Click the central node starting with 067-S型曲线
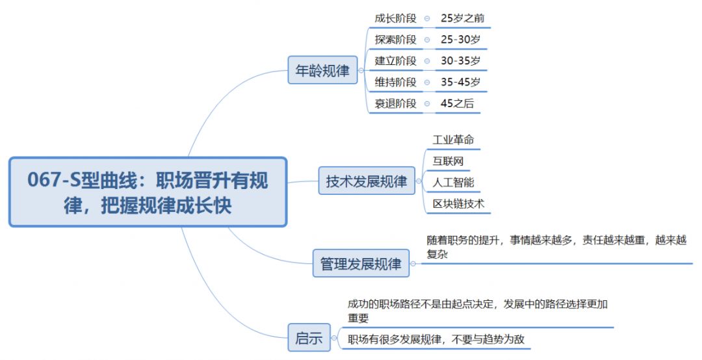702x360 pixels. click(x=148, y=192)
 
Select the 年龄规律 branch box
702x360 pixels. click(x=322, y=71)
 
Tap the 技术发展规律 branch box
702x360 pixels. click(x=367, y=181)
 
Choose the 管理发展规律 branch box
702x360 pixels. click(x=361, y=263)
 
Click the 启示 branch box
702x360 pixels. click(x=309, y=338)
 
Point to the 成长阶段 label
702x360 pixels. click(x=395, y=18)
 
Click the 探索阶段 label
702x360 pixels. click(x=395, y=40)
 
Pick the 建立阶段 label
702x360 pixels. click(x=395, y=61)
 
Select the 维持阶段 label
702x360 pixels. click(x=395, y=82)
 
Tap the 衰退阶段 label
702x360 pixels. click(x=395, y=103)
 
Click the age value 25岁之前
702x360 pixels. click(x=462, y=18)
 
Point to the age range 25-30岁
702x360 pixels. click(x=460, y=40)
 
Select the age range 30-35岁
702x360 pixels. click(x=460, y=61)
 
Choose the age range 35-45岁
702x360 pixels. click(x=460, y=82)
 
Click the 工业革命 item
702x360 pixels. click(x=453, y=140)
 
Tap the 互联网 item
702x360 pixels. click(x=448, y=161)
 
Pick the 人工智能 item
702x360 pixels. click(x=453, y=183)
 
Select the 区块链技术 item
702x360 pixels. click(x=458, y=204)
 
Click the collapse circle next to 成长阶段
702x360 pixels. click(x=427, y=19)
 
